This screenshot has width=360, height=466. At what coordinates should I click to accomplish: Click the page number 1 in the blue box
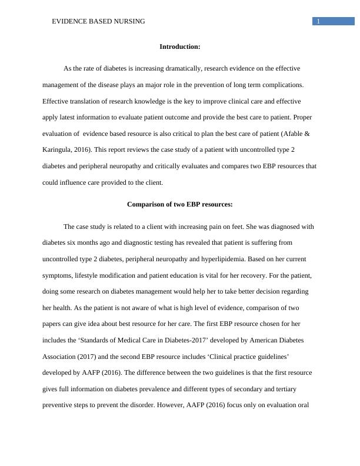(x=318, y=22)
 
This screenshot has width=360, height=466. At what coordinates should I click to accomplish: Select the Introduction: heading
(x=180, y=46)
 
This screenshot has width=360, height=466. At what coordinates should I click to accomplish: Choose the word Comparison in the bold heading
(x=145, y=205)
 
